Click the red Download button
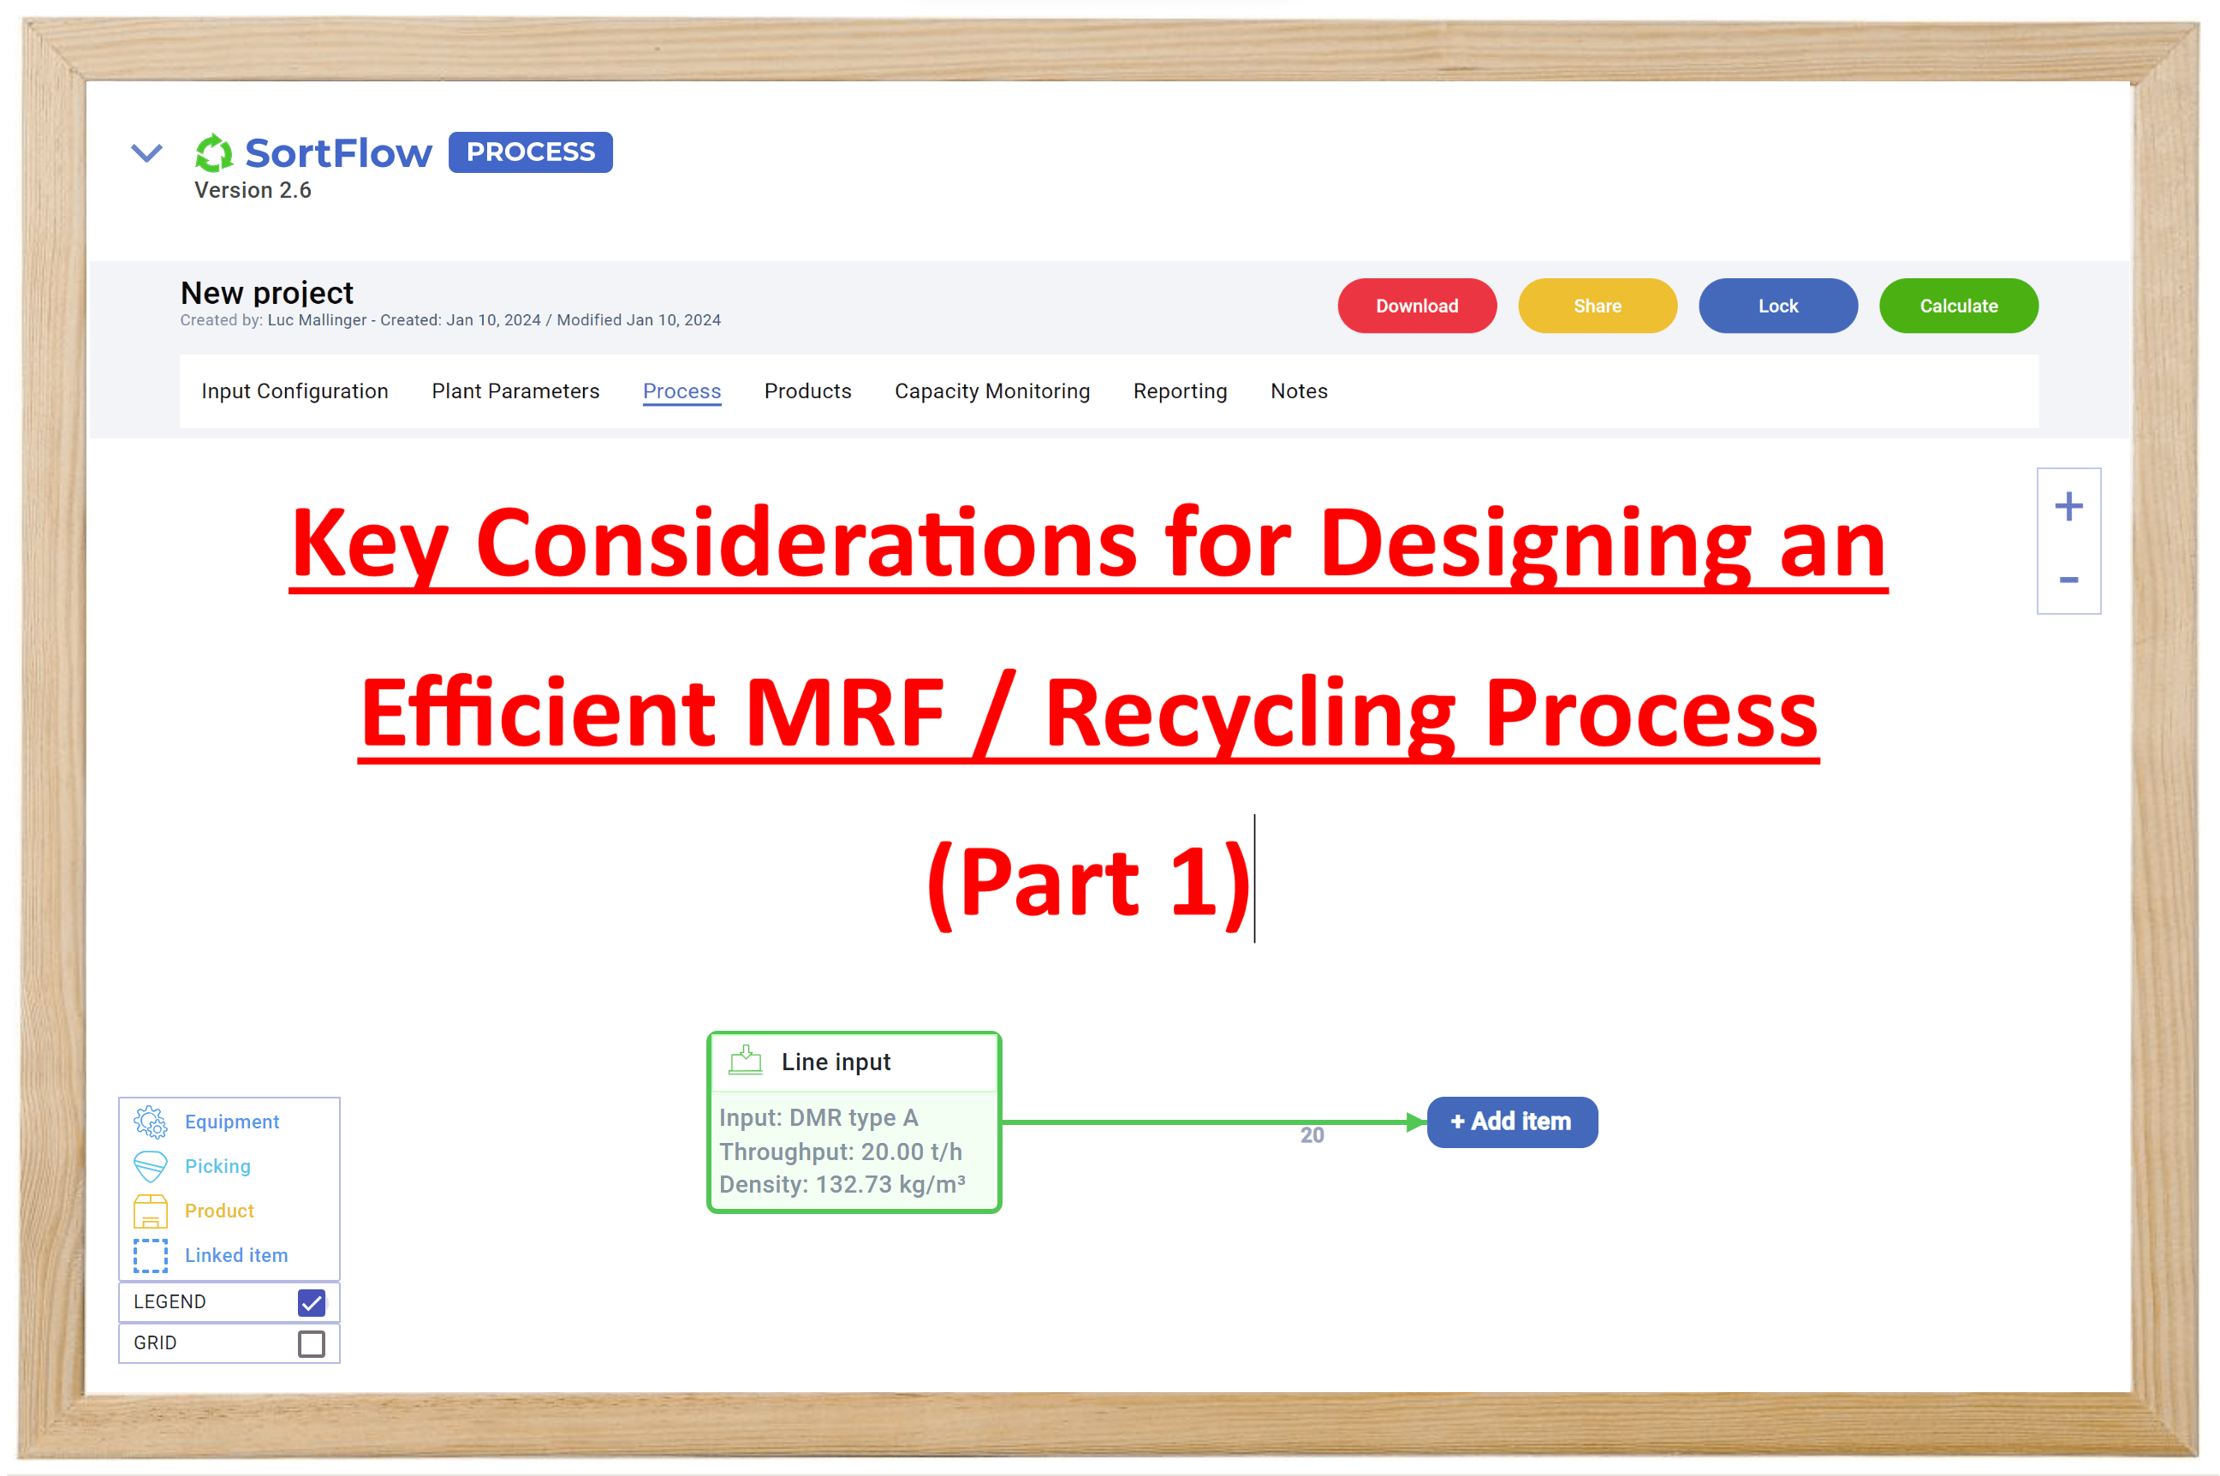pyautogui.click(x=1416, y=306)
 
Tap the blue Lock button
pyautogui.click(x=1777, y=306)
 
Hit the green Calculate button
pyautogui.click(x=1957, y=306)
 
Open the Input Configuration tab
pyautogui.click(x=295, y=390)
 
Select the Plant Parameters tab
pyautogui.click(x=515, y=390)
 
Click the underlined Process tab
pyautogui.click(x=681, y=390)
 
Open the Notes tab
pyautogui.click(x=1298, y=390)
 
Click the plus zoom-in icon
pyautogui.click(x=2068, y=507)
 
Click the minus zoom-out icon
pyautogui.click(x=2068, y=580)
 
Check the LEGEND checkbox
pyautogui.click(x=312, y=1302)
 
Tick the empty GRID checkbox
pyautogui.click(x=312, y=1343)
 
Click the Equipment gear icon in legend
pyautogui.click(x=151, y=1121)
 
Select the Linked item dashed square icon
pyautogui.click(x=151, y=1255)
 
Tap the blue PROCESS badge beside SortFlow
pyautogui.click(x=530, y=152)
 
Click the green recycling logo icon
pyautogui.click(x=214, y=152)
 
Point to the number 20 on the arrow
pyautogui.click(x=1311, y=1135)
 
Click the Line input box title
pyautogui.click(x=835, y=1062)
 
